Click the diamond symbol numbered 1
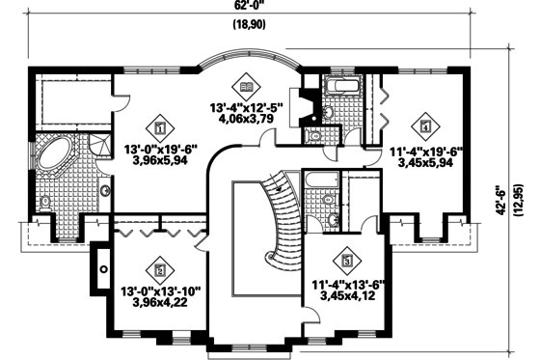click(160, 125)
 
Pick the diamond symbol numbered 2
click(160, 269)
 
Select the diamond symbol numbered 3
click(346, 260)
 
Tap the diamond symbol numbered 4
click(425, 125)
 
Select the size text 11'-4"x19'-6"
click(427, 152)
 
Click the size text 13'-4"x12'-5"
click(248, 108)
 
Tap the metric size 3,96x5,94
click(160, 163)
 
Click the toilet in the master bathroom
click(45, 202)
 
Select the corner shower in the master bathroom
click(96, 147)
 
